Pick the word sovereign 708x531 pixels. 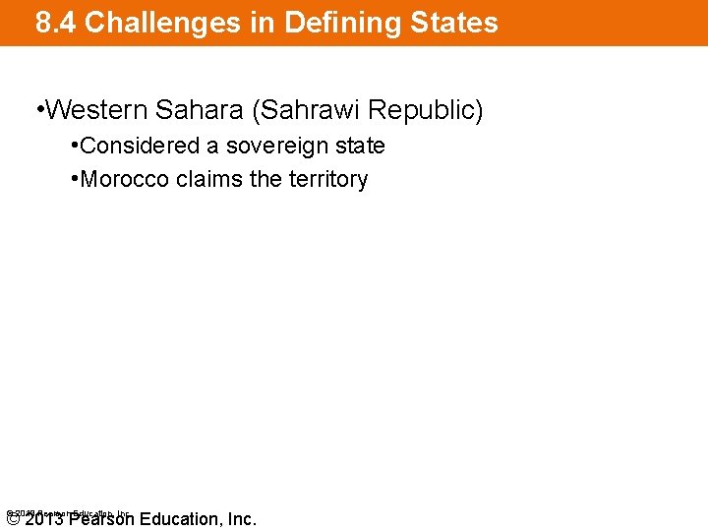pyautogui.click(x=276, y=147)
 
